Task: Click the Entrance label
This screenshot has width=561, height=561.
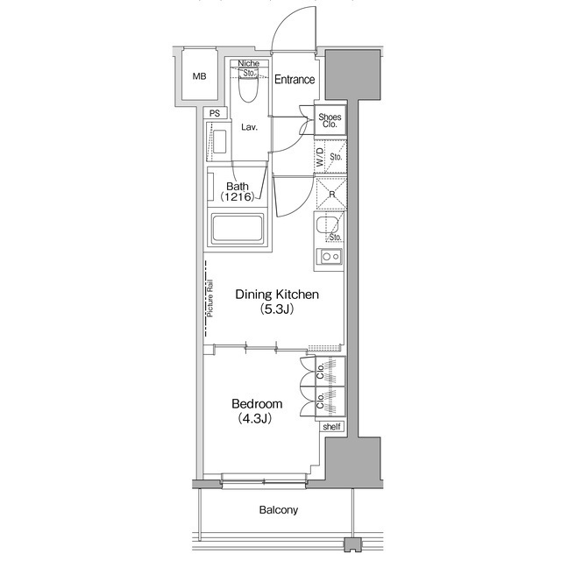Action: pos(295,80)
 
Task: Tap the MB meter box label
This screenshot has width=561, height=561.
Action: pos(201,75)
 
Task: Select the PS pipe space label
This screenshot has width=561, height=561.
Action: pos(214,113)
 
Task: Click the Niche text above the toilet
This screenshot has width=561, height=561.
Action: pos(248,64)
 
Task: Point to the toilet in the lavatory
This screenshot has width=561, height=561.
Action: pos(247,89)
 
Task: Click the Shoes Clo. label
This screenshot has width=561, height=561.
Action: pos(330,121)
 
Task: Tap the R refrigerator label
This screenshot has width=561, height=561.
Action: pos(331,194)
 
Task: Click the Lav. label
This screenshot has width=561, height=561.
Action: pos(249,128)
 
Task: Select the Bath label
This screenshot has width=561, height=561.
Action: pos(237,186)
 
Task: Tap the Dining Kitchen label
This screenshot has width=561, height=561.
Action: pos(276,295)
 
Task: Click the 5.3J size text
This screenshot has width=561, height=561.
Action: pos(276,309)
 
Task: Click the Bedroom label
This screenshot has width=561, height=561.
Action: pos(257,404)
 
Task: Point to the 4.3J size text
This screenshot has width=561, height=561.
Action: pos(257,419)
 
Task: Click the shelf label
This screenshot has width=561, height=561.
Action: pos(331,427)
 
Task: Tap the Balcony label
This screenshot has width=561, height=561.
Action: pos(279,510)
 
